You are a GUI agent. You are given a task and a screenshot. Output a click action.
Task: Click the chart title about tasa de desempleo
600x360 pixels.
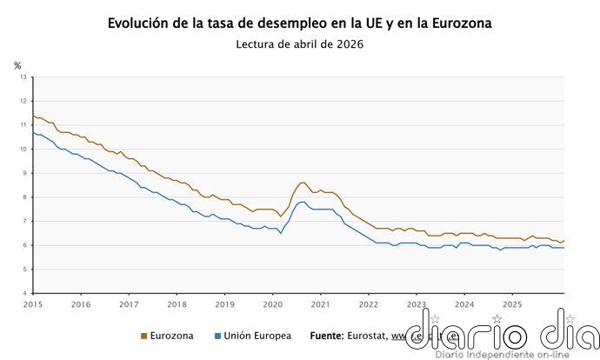[x=299, y=23]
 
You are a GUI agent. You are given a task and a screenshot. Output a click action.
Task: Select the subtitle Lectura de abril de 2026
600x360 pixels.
[x=299, y=44]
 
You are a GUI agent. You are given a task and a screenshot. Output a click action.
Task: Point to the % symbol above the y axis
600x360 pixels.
[x=17, y=65]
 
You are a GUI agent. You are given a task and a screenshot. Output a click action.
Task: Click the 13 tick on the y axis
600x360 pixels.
[x=23, y=77]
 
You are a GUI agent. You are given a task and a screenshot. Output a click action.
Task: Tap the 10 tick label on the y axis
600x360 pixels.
[x=23, y=150]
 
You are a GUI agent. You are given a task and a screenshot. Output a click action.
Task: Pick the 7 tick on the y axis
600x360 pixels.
[x=25, y=222]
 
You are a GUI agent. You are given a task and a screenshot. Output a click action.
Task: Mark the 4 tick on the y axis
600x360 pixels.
[x=25, y=294]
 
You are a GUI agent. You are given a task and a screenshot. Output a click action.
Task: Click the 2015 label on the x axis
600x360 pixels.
[x=33, y=304]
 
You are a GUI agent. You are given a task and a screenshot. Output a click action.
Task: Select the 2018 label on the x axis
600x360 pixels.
[x=177, y=304]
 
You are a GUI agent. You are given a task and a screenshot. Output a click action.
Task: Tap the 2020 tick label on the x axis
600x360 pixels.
[x=272, y=304]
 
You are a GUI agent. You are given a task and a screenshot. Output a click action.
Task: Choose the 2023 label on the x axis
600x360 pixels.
[x=417, y=304]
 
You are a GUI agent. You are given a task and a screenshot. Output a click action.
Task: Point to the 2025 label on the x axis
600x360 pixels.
[x=512, y=304]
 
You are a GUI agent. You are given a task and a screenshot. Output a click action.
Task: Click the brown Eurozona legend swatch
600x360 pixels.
[x=143, y=336]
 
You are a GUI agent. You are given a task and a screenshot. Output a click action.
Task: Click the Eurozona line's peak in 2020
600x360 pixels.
[x=301, y=183]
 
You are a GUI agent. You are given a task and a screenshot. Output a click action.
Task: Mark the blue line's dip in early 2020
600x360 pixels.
[x=280, y=233]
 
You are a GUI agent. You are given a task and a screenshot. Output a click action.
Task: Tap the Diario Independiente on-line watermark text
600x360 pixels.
[x=497, y=354]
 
